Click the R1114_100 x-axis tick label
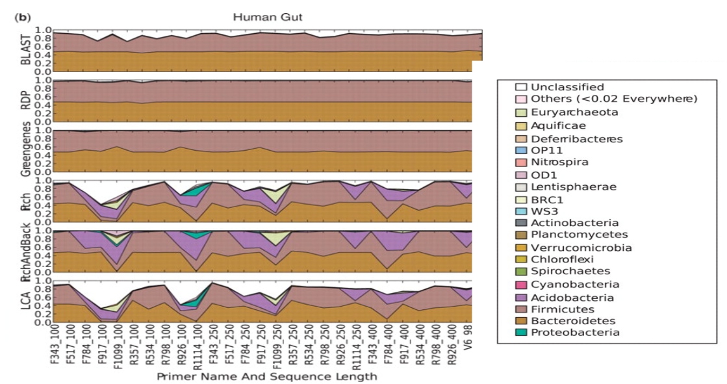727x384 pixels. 197,346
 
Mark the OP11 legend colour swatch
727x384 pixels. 520,150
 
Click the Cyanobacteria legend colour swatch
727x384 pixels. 520,284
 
